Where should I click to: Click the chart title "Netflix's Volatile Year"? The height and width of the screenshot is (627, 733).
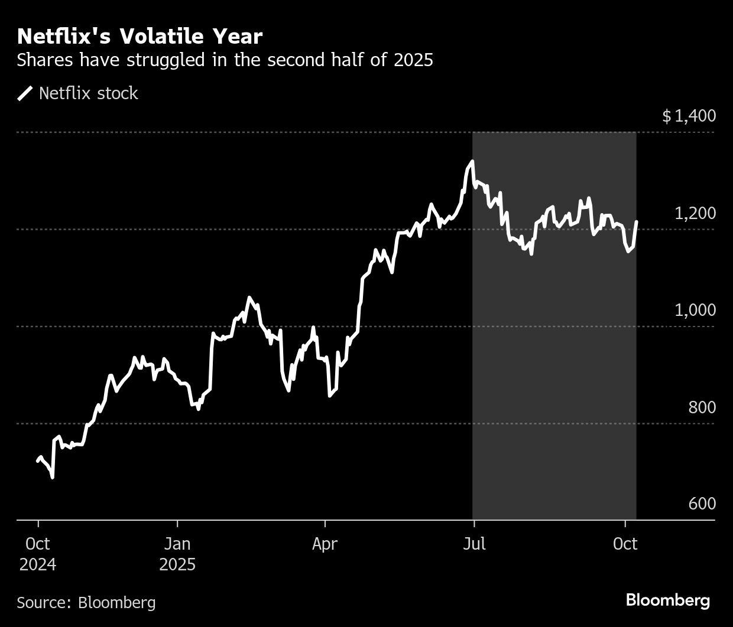(x=140, y=37)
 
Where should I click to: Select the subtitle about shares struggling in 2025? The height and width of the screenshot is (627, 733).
(x=225, y=60)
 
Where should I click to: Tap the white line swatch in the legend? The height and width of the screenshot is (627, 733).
(x=25, y=93)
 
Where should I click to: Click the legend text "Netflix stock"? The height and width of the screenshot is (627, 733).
(x=88, y=93)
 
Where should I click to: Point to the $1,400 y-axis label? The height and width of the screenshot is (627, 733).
(x=689, y=116)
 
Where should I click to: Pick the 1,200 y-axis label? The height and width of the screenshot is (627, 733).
(x=695, y=213)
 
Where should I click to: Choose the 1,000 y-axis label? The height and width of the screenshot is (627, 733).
(x=695, y=310)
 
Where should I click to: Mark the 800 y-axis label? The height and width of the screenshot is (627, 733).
(x=702, y=407)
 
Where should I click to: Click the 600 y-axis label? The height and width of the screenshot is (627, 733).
(x=702, y=504)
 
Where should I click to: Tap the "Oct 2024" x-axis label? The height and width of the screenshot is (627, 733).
(x=38, y=554)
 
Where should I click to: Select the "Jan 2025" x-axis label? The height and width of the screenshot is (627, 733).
(x=177, y=554)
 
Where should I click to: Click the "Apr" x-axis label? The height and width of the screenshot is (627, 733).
(x=325, y=543)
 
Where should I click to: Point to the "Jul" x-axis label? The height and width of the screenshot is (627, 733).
(x=473, y=543)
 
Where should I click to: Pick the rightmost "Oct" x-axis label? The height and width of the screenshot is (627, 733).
(x=625, y=543)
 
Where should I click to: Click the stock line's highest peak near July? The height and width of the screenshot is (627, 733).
(x=472, y=161)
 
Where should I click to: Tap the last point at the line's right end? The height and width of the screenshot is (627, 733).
(x=637, y=222)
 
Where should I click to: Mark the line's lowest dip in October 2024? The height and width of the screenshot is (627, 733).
(x=53, y=477)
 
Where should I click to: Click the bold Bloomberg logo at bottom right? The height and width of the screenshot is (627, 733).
(x=668, y=600)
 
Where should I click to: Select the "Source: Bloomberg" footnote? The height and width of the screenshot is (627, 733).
(x=86, y=602)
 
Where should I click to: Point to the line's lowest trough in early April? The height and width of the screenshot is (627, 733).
(x=329, y=396)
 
